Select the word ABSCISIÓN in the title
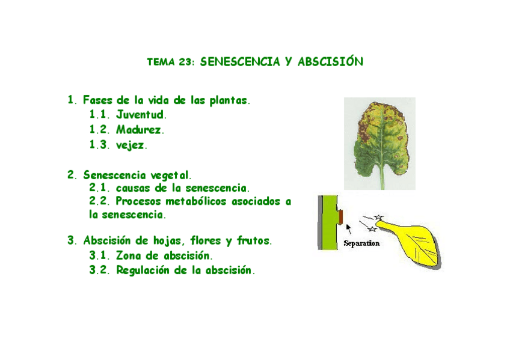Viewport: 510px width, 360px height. tap(330, 62)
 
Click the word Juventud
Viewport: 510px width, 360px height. tap(141, 114)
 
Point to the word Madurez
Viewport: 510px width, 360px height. tap(140, 129)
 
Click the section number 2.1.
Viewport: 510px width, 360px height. tap(99, 188)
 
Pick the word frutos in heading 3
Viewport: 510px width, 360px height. tap(253, 241)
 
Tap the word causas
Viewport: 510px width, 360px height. tap(134, 188)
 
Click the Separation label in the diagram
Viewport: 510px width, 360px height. tap(361, 244)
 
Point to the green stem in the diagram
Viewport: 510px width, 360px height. tap(328, 222)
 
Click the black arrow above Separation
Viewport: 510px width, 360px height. tap(348, 228)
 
